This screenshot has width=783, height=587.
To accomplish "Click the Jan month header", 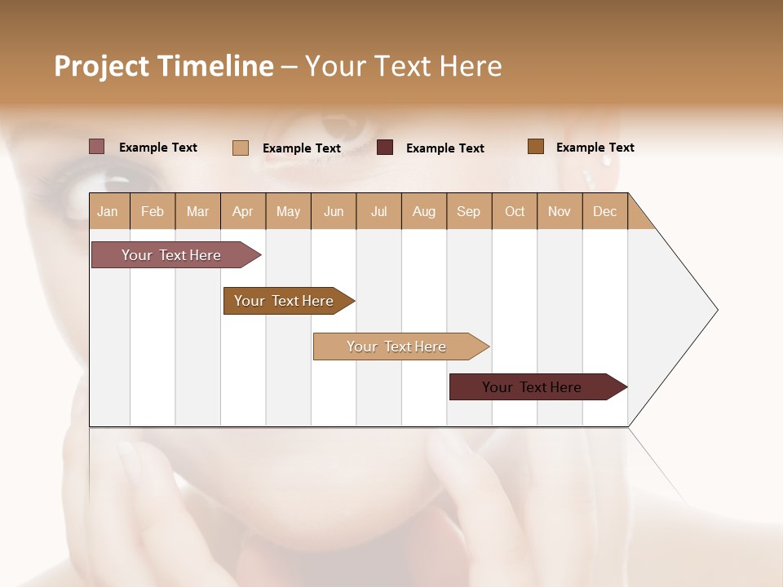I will point(108,211).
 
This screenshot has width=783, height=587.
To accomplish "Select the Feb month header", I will point(153,211).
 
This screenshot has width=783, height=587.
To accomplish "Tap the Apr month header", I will point(242,211).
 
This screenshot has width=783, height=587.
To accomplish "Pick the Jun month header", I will point(334,211).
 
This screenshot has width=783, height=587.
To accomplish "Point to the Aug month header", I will point(423,211).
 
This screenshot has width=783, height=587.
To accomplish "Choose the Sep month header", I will point(468,211).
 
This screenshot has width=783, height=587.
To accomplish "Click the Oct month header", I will point(515,211).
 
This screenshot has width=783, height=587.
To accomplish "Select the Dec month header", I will point(604,211).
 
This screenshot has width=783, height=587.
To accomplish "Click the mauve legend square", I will point(97,147).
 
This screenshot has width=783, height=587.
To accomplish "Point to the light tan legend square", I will point(241,148).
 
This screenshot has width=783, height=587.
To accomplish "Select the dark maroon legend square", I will point(385,148).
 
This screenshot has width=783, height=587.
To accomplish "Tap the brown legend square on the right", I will point(536,147).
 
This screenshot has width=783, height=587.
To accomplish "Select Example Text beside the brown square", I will point(595,148).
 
